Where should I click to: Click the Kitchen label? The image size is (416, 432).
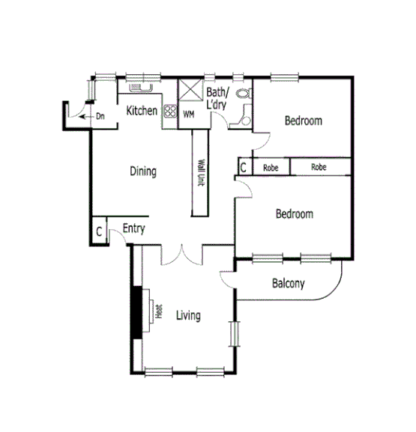point(142,112)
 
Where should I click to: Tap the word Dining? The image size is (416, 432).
point(143,171)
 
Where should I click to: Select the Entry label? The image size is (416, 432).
point(133,229)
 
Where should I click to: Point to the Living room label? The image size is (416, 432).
point(188,315)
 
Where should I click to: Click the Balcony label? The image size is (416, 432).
point(288,284)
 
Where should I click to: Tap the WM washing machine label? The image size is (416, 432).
point(189,115)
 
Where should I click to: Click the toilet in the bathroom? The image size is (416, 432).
point(243,95)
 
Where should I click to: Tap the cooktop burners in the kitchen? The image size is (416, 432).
point(169,114)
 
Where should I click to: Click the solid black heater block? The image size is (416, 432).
point(137,313)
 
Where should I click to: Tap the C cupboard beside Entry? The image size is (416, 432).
point(99,231)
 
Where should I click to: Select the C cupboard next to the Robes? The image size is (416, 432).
point(244,167)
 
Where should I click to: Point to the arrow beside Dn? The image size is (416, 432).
point(85,116)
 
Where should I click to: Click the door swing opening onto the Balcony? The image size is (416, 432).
point(229,279)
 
